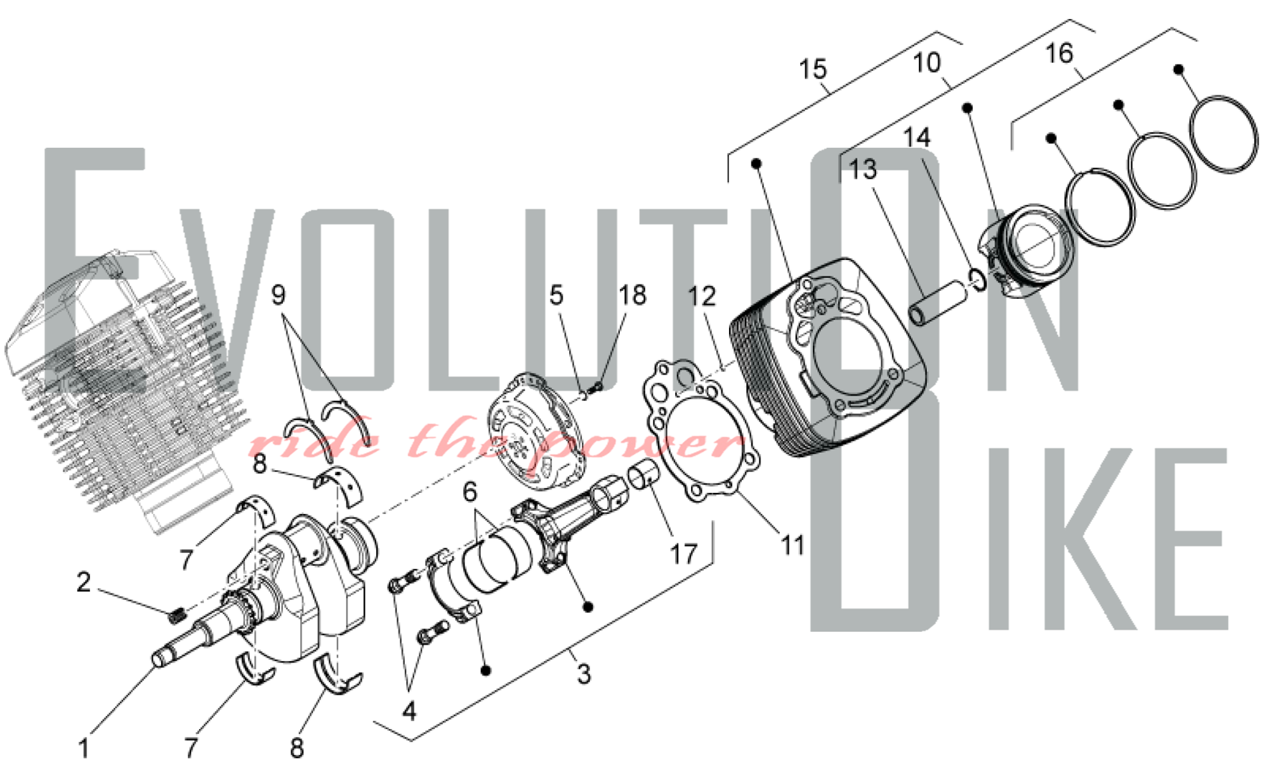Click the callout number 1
click(x=84, y=749)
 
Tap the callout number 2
click(x=84, y=582)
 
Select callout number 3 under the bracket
click(x=584, y=674)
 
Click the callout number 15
click(x=813, y=69)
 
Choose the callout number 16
click(x=1059, y=53)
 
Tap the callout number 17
click(x=684, y=554)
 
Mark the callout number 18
click(x=633, y=295)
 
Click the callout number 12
click(x=702, y=296)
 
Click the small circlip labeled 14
click(x=978, y=279)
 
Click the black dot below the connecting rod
click(x=588, y=607)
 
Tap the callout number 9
click(x=278, y=295)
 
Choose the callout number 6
click(x=470, y=492)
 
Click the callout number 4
click(x=409, y=711)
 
